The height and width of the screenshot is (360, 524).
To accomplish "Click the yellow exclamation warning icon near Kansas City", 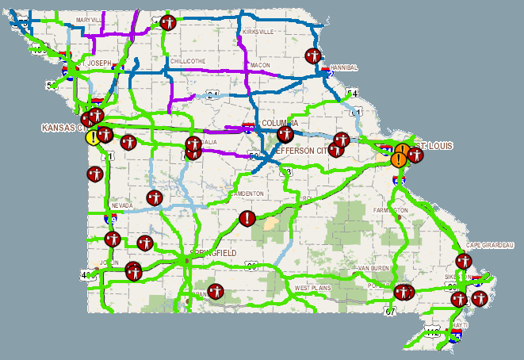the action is click(94, 137).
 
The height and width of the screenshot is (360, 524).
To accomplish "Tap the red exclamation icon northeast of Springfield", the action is click(248, 217).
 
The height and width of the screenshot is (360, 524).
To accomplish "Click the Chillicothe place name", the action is click(189, 60).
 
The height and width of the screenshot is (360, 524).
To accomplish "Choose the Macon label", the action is click(259, 65).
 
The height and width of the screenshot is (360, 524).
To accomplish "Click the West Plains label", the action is click(312, 287).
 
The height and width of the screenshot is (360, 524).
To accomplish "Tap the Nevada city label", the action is click(123, 205).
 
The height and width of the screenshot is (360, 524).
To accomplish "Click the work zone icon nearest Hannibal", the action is click(312, 56).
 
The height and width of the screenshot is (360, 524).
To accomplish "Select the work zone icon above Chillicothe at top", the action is click(167, 22).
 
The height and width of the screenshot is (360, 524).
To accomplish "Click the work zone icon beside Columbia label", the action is click(285, 134).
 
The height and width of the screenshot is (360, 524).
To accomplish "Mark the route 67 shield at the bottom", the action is click(390, 312).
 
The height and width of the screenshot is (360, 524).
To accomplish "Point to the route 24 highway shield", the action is click(212, 95).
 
